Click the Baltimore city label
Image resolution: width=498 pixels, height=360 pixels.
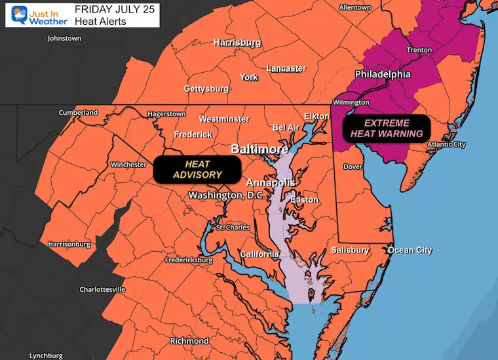click(x=259, y=150)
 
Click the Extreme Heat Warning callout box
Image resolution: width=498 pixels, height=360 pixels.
click(x=387, y=128)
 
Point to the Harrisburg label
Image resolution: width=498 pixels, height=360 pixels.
click(x=237, y=43)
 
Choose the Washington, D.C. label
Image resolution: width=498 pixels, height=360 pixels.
click(x=225, y=195)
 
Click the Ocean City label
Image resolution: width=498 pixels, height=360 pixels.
click(x=410, y=250)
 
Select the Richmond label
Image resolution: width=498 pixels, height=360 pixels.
click(x=189, y=341)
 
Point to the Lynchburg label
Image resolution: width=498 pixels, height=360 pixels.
click(x=50, y=355)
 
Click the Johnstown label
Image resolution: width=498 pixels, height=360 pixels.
click(x=64, y=38)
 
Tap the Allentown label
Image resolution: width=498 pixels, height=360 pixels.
click(x=359, y=7)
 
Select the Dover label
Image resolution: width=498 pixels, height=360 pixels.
click(x=353, y=167)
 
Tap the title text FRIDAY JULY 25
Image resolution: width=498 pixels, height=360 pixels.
click(x=107, y=10)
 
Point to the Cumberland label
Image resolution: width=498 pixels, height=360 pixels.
click(x=78, y=112)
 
